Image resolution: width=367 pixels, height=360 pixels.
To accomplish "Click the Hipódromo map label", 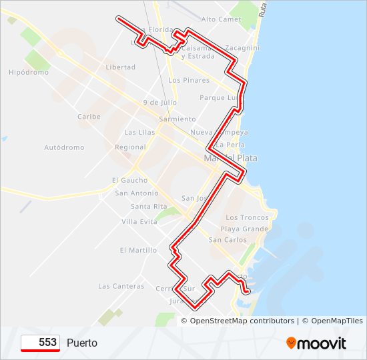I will pos(29,73).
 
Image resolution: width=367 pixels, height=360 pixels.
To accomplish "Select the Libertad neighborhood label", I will pos(121,67).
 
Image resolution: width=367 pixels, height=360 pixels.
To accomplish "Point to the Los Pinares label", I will pos(189,81).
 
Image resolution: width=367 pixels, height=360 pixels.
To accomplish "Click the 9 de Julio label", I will pos(159,103).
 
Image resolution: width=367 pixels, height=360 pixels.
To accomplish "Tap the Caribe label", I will pos(89,117).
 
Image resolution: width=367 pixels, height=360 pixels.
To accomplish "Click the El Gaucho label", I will pos(130,181).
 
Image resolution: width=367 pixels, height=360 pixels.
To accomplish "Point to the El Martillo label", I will pos(138,251).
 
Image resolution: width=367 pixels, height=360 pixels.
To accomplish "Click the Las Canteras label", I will pos(121,287).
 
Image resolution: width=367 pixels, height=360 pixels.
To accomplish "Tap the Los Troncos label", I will pos(247,218).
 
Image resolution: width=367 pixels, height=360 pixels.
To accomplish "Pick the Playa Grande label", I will pos(246,229).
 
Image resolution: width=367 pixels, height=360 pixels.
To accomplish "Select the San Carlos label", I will pos(228,240).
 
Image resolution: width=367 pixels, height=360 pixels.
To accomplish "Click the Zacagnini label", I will pos(242,49).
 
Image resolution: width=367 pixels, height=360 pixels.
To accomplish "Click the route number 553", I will pos(47,343).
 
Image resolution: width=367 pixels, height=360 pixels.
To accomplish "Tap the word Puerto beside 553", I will pos(82,343).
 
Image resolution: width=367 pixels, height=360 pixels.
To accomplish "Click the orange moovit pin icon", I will pos(291,343).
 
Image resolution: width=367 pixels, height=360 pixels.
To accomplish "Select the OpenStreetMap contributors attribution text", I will pos(242,321).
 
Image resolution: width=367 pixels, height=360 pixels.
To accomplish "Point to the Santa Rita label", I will pos(149,207).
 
